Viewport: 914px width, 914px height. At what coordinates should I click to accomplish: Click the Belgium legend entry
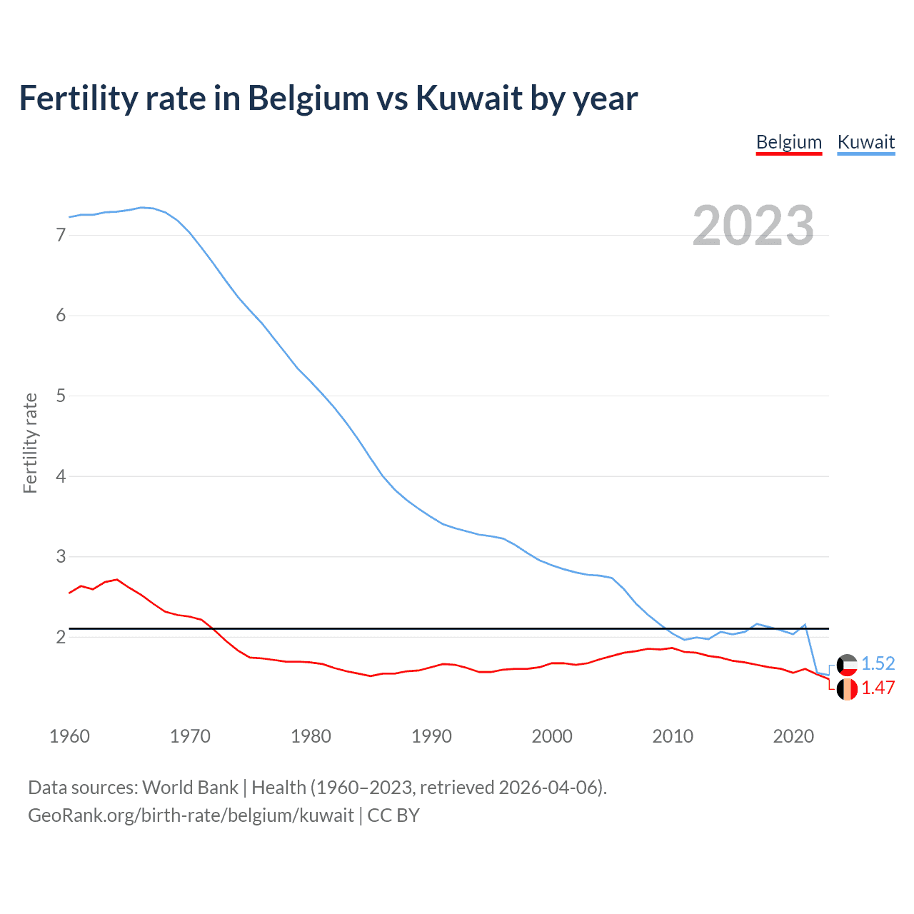789,142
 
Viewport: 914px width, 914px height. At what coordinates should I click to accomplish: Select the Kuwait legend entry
865,142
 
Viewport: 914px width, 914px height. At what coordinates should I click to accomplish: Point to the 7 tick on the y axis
61,235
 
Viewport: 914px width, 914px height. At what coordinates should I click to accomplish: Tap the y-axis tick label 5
61,396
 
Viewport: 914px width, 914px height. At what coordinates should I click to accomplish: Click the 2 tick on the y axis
61,636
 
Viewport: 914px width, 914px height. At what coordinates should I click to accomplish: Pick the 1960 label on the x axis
69,736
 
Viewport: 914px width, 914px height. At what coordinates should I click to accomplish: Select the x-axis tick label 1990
431,736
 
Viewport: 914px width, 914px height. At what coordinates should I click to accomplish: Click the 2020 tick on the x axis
793,736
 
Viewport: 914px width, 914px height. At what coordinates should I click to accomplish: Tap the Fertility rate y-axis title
30,443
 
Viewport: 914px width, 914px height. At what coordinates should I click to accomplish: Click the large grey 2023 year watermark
753,226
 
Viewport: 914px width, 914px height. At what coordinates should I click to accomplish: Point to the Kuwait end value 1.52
878,663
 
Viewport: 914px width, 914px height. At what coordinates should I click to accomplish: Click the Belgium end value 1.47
878,688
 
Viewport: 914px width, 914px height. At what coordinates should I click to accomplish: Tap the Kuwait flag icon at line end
847,665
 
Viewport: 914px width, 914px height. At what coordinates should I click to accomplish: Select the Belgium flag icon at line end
847,689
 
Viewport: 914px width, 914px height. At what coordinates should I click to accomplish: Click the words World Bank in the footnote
190,788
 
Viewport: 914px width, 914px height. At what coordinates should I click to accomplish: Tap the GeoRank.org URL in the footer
191,815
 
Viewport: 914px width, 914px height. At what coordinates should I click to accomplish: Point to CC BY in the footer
393,815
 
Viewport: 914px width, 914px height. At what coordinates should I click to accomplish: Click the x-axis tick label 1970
190,736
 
